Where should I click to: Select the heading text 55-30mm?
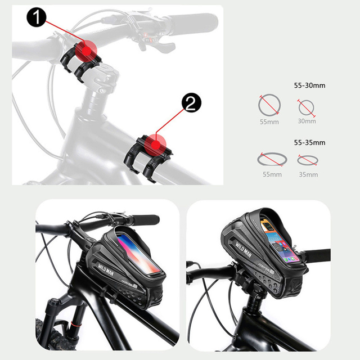pyautogui.click(x=310, y=85)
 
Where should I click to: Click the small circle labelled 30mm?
pyautogui.click(x=307, y=107)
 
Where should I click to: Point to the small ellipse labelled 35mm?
pyautogui.click(x=308, y=160)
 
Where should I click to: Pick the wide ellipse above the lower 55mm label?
pyautogui.click(x=271, y=160)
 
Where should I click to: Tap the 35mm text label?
pyautogui.click(x=308, y=174)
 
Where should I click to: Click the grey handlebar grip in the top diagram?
pyautogui.click(x=186, y=24)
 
